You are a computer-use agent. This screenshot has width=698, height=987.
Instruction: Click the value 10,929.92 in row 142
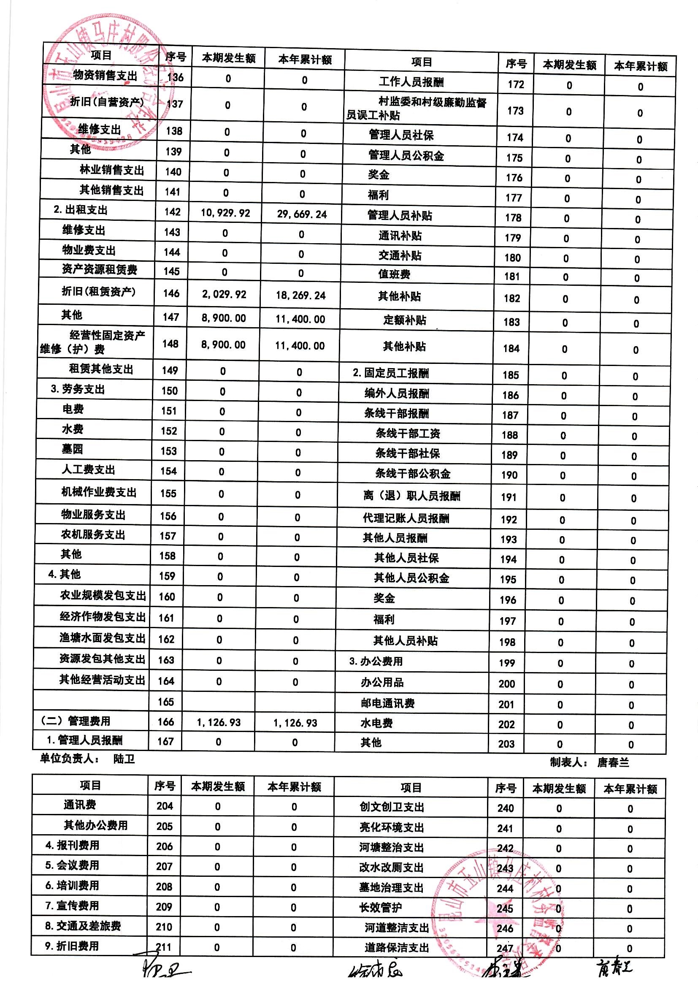(x=225, y=213)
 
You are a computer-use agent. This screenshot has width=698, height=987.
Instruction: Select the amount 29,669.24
(x=302, y=214)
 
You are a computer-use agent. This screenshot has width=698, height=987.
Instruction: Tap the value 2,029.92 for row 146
(x=224, y=295)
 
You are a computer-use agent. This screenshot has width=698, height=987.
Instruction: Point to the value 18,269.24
(x=300, y=296)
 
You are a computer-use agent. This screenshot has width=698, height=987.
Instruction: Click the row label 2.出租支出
(x=80, y=210)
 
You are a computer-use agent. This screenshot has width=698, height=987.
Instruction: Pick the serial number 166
(x=166, y=722)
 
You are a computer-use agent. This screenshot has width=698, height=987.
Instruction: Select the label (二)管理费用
(x=75, y=721)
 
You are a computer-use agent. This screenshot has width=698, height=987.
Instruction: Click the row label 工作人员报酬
(x=411, y=81)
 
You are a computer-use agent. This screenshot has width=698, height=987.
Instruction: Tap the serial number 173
(x=515, y=111)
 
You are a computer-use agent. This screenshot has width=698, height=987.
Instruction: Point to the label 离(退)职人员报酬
(x=411, y=496)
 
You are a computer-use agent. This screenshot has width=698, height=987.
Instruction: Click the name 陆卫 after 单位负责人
(x=124, y=759)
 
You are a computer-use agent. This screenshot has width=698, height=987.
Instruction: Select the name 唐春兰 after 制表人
(x=613, y=762)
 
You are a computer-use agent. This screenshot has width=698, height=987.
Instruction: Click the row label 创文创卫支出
(x=392, y=807)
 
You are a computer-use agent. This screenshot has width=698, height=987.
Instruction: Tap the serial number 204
(x=165, y=805)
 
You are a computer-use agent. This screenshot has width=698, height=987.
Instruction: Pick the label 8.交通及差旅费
(x=83, y=925)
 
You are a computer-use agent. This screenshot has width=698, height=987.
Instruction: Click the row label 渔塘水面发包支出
(x=103, y=638)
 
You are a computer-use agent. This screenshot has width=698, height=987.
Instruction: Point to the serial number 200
(x=507, y=683)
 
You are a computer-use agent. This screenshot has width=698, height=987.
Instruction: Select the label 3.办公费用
(x=376, y=661)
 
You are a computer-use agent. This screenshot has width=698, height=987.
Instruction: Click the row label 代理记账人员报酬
(x=406, y=518)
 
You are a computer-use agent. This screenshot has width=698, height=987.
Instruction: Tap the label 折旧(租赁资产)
(x=98, y=291)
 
